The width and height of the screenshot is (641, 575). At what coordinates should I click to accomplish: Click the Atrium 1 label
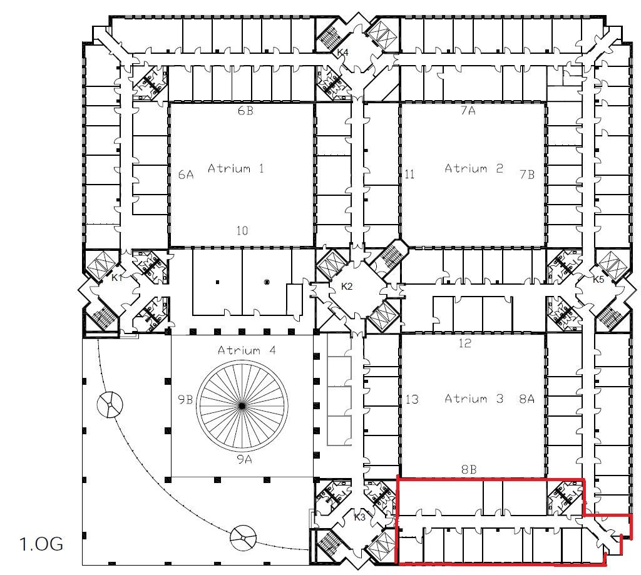pyautogui.click(x=236, y=168)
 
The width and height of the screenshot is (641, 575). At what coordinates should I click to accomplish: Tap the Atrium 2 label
pyautogui.click(x=474, y=168)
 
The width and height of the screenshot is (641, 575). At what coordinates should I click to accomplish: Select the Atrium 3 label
pyautogui.click(x=474, y=399)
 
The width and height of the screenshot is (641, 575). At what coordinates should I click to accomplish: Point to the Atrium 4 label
pyautogui.click(x=247, y=350)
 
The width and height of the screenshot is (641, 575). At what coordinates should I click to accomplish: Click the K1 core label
pyautogui.click(x=117, y=278)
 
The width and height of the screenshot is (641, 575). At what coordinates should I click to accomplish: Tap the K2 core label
pyautogui.click(x=347, y=287)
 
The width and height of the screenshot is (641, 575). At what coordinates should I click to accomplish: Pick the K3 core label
pyautogui.click(x=359, y=517)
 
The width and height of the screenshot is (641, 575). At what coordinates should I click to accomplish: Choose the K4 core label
pyautogui.click(x=342, y=53)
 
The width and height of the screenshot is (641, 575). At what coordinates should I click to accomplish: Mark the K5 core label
pyautogui.click(x=598, y=280)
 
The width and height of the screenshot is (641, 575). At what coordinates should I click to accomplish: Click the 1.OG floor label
pyautogui.click(x=41, y=544)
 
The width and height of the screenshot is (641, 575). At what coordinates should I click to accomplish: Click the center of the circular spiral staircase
pyautogui.click(x=242, y=406)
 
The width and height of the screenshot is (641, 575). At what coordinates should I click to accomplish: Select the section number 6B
pyautogui.click(x=245, y=111)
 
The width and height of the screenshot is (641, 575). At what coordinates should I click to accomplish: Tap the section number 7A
pyautogui.click(x=468, y=111)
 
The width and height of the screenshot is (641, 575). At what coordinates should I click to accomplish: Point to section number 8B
pyautogui.click(x=469, y=469)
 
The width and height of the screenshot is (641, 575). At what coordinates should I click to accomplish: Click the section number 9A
pyautogui.click(x=245, y=460)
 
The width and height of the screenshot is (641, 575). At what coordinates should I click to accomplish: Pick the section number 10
pyautogui.click(x=242, y=231)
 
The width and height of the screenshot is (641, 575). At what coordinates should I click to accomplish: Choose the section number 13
pyautogui.click(x=412, y=399)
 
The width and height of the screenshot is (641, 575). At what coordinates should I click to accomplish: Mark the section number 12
pyautogui.click(x=465, y=343)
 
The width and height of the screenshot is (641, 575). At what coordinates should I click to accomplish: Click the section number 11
pyautogui.click(x=409, y=175)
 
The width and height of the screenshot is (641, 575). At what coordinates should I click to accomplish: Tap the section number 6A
pyautogui.click(x=186, y=175)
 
